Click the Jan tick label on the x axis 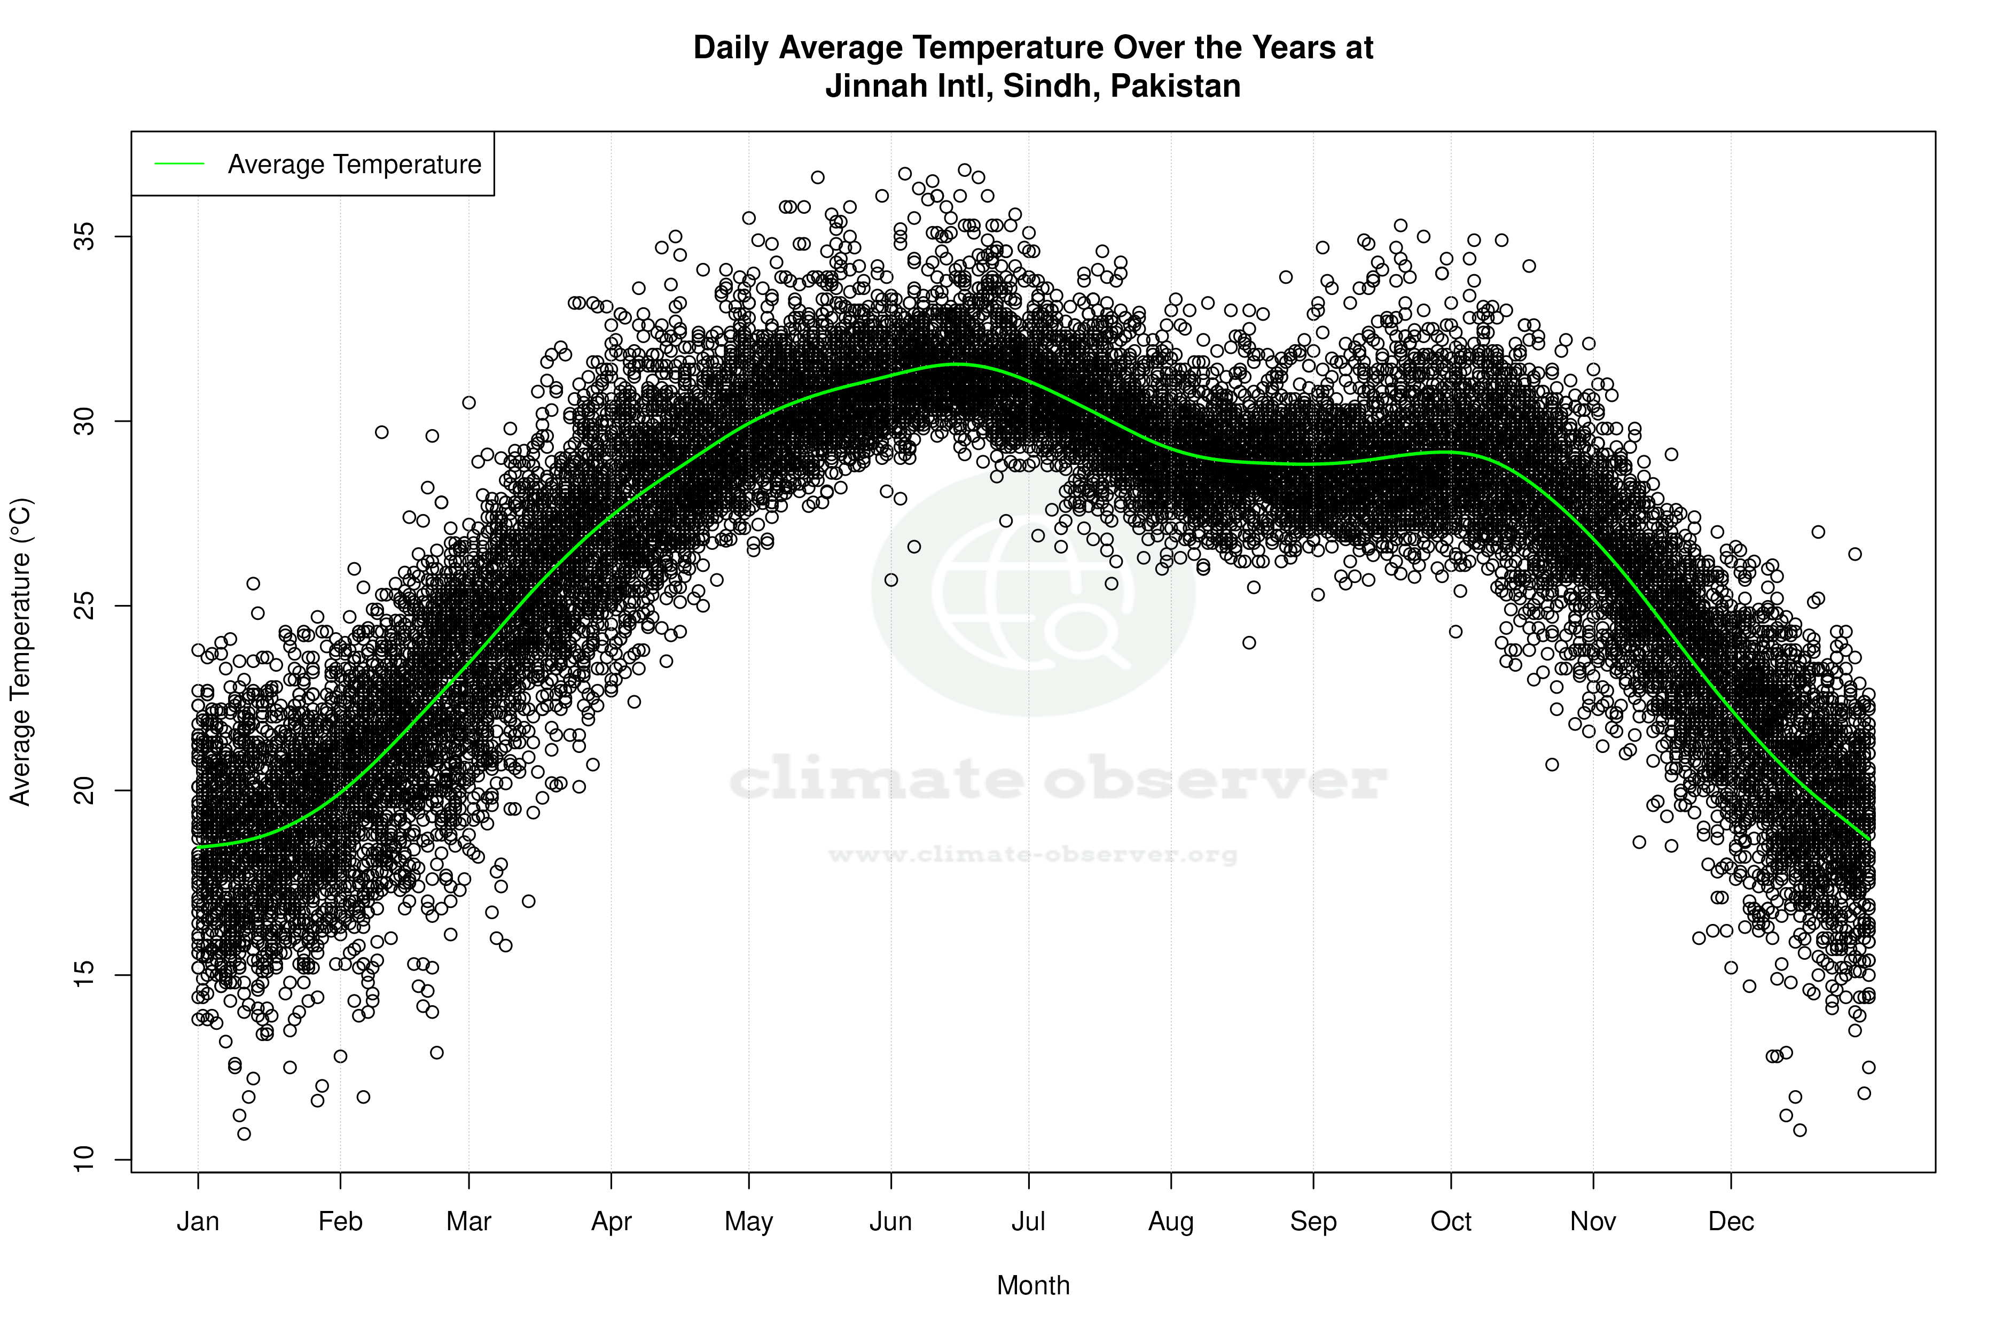(x=198, y=1222)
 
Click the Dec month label (x=1731, y=1222)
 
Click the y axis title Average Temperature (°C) (x=20, y=652)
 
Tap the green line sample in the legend (x=179, y=164)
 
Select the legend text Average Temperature (x=354, y=165)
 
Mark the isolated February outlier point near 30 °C (x=381, y=432)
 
